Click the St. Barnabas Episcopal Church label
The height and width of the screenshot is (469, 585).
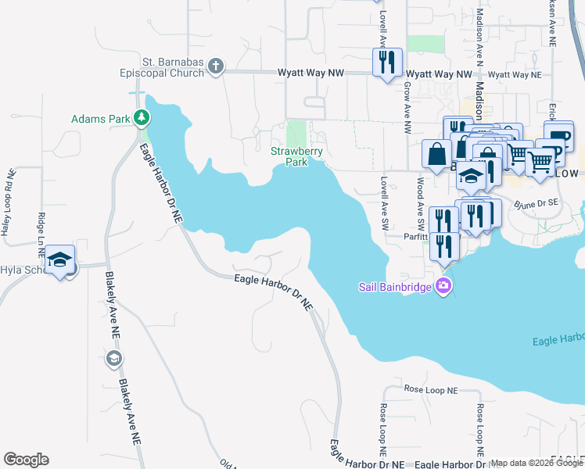[161, 68]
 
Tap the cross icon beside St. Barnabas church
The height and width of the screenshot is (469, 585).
[217, 68]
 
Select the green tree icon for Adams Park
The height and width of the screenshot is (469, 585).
[142, 119]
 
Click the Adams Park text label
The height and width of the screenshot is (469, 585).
[100, 120]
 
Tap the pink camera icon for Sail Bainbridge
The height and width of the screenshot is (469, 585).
[444, 286]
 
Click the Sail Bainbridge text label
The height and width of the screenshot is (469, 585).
[396, 286]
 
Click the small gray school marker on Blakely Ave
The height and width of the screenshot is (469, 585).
[113, 358]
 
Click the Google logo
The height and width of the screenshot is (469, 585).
[26, 460]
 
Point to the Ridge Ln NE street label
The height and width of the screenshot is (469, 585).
[41, 231]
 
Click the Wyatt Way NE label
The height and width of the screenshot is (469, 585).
[514, 74]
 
